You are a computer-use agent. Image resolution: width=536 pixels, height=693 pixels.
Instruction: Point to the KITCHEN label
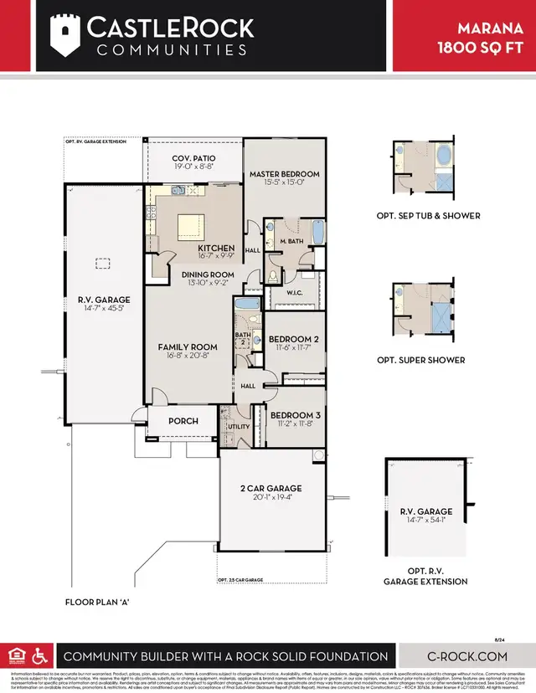coord(215,249)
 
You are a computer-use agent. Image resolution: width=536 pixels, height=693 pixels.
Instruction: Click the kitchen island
coord(191,225)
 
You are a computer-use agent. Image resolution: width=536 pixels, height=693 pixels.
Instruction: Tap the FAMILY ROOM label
coord(188,346)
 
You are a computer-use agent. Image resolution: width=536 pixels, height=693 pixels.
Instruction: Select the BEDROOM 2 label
coord(292,339)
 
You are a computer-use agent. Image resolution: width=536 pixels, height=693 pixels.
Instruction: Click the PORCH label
coord(182,421)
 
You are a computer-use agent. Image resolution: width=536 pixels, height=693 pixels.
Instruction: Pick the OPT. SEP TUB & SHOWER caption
coord(428,215)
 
